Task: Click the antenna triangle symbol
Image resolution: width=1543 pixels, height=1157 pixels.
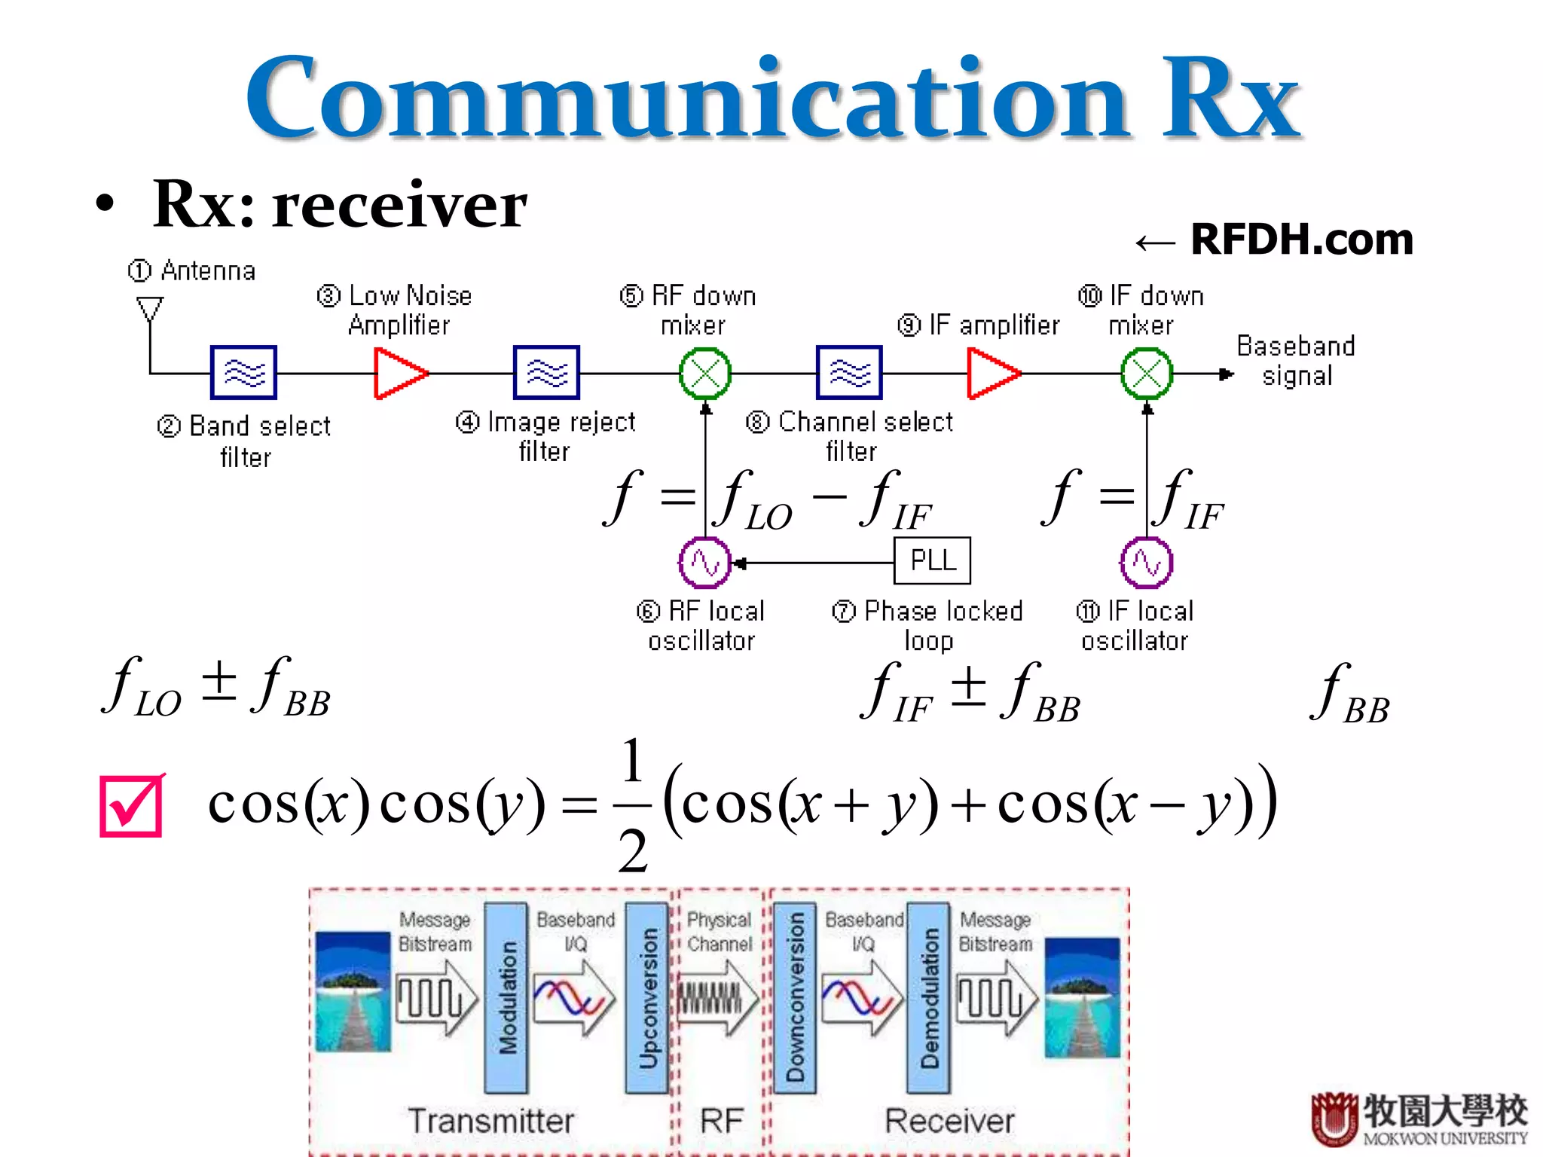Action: [x=149, y=308]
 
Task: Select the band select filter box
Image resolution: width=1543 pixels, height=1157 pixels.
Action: [x=243, y=372]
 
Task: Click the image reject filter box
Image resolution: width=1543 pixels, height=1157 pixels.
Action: [x=546, y=372]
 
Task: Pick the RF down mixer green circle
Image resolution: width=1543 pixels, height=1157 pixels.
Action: [x=705, y=373]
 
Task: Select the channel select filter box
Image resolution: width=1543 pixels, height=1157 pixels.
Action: [x=849, y=372]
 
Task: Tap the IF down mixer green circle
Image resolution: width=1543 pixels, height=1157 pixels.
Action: [x=1147, y=373]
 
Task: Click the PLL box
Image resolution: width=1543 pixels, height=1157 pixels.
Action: [x=932, y=560]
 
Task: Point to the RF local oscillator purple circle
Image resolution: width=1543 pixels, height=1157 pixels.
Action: [x=704, y=563]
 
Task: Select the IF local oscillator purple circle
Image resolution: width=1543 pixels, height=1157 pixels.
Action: [x=1146, y=563]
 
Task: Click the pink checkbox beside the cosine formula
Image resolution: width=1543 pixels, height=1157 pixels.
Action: [x=132, y=805]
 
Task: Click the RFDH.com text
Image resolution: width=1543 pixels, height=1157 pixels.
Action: [x=1301, y=240]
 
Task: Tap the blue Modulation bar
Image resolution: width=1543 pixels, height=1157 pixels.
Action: [x=506, y=997]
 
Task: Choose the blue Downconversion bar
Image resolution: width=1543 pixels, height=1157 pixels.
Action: [x=795, y=997]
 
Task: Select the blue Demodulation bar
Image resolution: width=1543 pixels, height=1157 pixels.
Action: [x=928, y=997]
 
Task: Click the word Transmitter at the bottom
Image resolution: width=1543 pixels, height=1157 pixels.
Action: [x=490, y=1120]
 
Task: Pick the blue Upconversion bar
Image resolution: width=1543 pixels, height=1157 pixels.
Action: [x=647, y=997]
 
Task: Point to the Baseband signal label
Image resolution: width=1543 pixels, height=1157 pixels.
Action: [x=1296, y=360]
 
